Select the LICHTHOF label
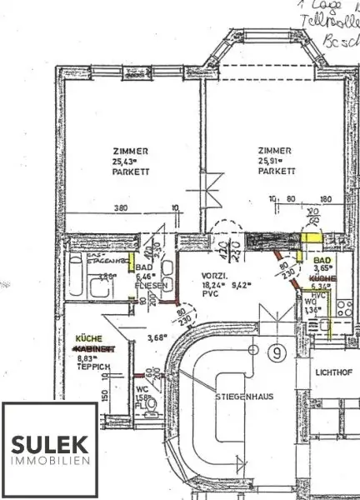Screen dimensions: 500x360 (330, 370)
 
